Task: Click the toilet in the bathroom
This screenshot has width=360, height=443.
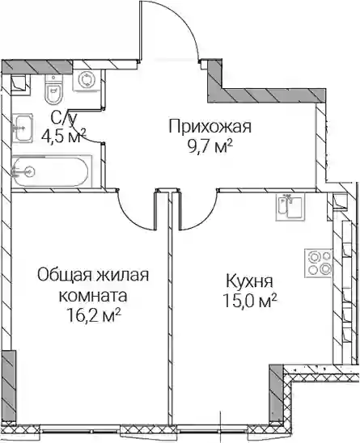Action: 53,89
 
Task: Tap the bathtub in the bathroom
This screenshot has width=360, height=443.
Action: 51,171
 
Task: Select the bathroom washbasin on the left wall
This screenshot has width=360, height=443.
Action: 23,128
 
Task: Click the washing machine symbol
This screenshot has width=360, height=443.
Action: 85,80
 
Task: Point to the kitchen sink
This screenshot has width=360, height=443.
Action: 290,208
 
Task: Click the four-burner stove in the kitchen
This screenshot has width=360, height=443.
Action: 318,263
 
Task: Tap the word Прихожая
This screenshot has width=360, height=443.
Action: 210,127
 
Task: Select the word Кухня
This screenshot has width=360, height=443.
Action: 250,282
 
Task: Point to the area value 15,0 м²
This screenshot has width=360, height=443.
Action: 250,301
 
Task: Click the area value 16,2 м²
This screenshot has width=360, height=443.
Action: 94,315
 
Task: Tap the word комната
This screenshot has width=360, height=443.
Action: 92,297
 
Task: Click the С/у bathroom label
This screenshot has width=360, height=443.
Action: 63,118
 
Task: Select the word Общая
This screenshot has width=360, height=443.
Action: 65,276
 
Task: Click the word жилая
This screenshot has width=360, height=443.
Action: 122,275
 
